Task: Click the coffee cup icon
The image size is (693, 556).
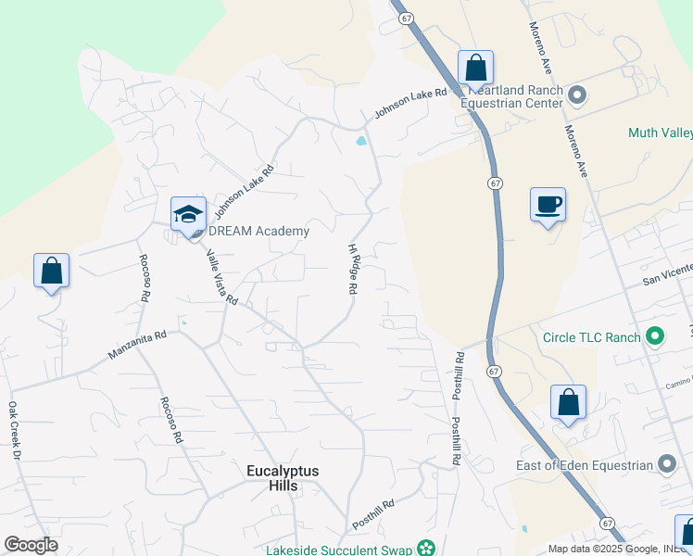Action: point(548,204)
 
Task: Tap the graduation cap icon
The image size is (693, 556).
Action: point(188,213)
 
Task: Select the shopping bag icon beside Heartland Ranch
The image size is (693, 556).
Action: point(475,68)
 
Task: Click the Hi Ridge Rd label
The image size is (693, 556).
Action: point(352,269)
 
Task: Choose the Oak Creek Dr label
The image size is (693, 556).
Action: point(14,430)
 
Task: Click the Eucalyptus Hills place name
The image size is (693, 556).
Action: point(283,478)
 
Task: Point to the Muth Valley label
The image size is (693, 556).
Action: point(660,133)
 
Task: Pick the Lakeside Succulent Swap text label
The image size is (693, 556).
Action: point(339,550)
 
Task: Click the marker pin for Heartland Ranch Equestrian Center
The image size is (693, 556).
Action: point(576,95)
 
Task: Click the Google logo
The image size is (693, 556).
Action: point(31,545)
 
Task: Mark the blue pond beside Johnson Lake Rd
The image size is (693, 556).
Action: point(360,142)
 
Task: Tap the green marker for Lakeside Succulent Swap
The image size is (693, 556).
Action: point(426,549)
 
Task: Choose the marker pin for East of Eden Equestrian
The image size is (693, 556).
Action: point(667,464)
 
